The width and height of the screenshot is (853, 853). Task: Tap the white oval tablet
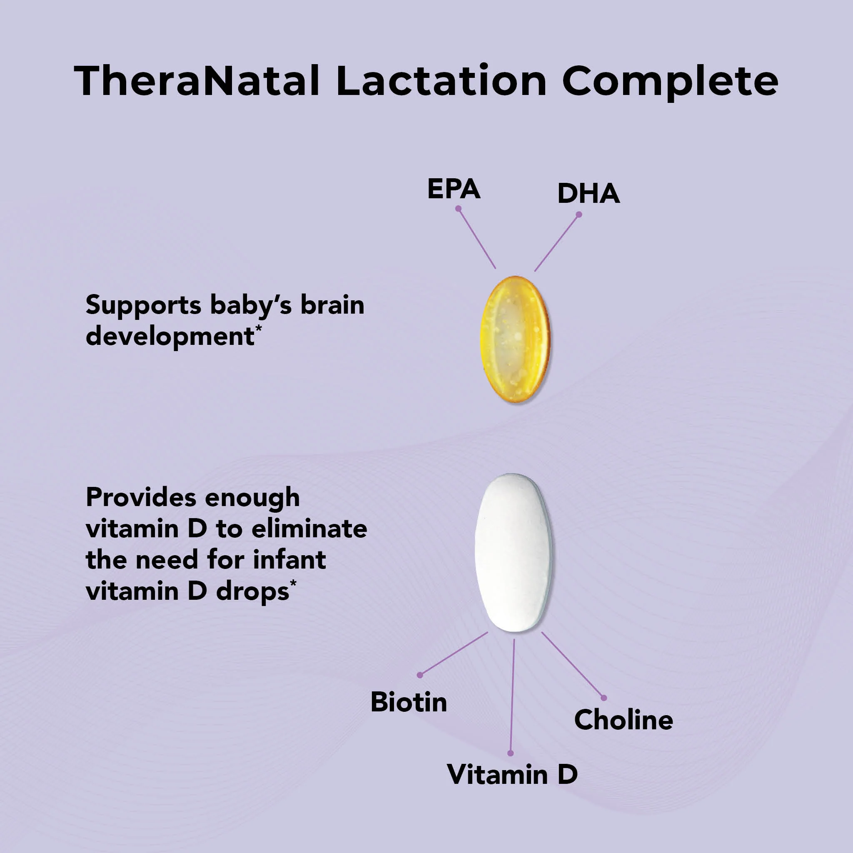(513, 552)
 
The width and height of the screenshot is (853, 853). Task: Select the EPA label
(454, 190)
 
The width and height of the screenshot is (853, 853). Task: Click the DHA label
(588, 193)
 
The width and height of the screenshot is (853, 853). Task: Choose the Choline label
(623, 720)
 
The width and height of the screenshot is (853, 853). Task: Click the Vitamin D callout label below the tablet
(512, 774)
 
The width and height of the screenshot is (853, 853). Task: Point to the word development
(170, 337)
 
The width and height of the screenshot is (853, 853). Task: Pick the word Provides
(141, 498)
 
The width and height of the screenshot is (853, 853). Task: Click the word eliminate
(309, 529)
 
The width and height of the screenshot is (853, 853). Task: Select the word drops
(252, 591)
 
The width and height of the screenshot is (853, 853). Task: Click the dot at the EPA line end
(458, 209)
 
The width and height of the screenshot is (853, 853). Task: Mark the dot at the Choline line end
(604, 698)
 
